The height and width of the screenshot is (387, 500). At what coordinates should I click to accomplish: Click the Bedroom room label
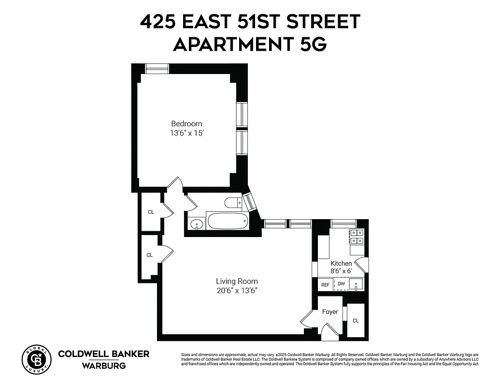click(x=186, y=123)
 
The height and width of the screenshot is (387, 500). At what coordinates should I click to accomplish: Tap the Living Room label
click(x=237, y=281)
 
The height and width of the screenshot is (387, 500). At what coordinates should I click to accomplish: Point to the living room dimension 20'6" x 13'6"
click(x=237, y=291)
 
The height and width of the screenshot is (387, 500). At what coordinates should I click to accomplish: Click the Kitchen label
click(x=341, y=263)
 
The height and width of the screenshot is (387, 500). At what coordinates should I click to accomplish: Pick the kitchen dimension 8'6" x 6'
click(x=341, y=271)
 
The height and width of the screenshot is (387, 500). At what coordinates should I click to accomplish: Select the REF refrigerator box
click(x=325, y=285)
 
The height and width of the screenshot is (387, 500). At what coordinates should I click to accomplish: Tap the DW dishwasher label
click(x=341, y=284)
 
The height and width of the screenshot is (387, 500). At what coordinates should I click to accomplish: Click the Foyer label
click(x=330, y=312)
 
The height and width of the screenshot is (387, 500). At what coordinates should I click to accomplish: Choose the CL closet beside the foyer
click(x=356, y=320)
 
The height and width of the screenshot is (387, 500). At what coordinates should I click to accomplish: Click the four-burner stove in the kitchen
click(x=357, y=237)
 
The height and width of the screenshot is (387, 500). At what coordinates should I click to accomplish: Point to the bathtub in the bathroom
click(x=228, y=222)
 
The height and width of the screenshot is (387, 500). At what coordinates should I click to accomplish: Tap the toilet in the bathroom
click(x=233, y=202)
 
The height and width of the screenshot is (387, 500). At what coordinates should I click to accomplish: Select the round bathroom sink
click(x=196, y=224)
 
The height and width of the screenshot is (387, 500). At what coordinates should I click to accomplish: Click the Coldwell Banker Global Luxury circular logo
click(x=36, y=359)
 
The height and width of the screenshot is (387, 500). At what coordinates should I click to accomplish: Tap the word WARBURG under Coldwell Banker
click(x=103, y=365)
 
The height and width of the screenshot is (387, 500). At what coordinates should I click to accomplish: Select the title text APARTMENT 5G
click(x=250, y=45)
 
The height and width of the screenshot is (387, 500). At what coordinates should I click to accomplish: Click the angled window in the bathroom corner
click(x=249, y=202)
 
